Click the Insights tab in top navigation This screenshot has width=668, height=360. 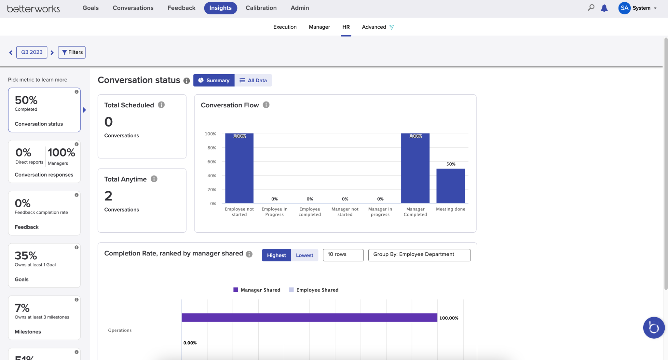point(220,8)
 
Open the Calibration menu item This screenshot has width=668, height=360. point(261,8)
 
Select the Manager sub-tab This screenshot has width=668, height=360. point(319,27)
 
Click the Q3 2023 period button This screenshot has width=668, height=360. point(32,52)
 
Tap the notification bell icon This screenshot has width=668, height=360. point(604,8)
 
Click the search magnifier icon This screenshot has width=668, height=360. point(591,8)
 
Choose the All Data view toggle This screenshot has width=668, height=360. point(253,81)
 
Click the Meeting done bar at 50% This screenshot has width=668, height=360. point(450,186)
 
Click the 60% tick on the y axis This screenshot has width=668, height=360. point(212,162)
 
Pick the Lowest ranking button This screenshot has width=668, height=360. point(304,255)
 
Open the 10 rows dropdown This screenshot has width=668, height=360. point(343,255)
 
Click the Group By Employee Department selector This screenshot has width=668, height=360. point(419,255)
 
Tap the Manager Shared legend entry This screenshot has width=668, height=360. point(257,290)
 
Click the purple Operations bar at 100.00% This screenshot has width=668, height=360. point(309,318)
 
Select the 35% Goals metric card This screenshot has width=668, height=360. point(44,265)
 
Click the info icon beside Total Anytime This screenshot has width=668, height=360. point(154,179)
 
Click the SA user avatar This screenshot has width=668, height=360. point(624,8)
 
